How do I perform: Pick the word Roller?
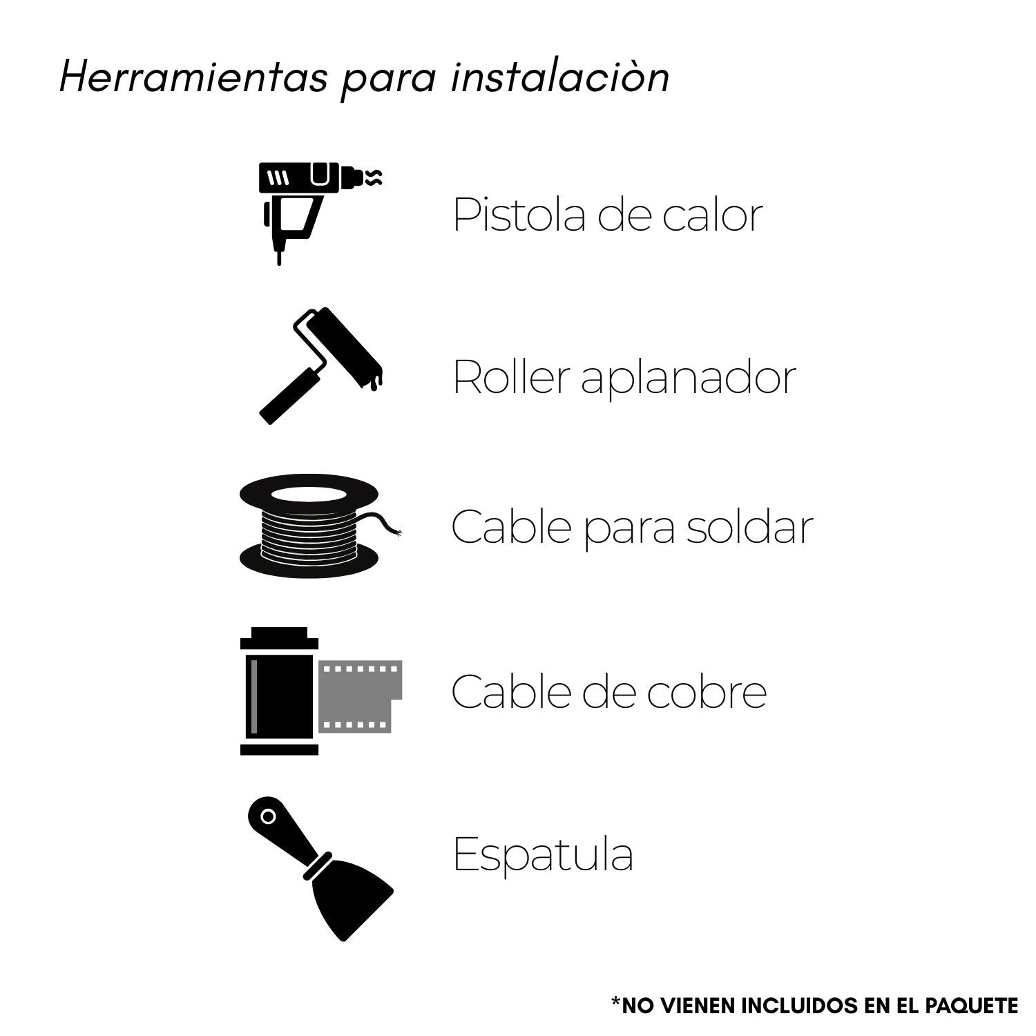(512, 377)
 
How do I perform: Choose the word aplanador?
(689, 380)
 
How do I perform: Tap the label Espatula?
(543, 856)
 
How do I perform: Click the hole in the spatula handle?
(268, 817)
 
